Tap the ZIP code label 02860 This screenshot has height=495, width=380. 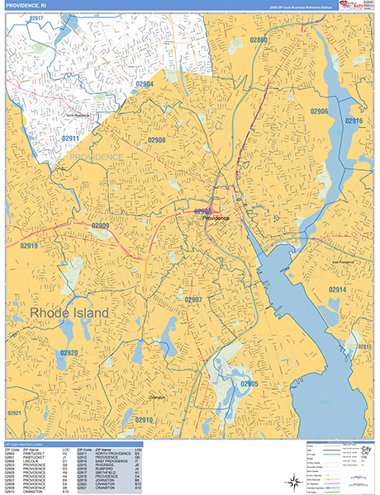pyautogui.click(x=259, y=40)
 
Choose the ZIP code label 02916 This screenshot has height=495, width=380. pyautogui.click(x=354, y=121)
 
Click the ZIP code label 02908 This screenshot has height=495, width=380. pyautogui.click(x=156, y=140)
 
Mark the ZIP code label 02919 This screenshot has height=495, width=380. pyautogui.click(x=30, y=246)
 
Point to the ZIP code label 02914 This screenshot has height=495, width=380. pyautogui.click(x=337, y=290)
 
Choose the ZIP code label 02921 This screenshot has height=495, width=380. pyautogui.click(x=14, y=412)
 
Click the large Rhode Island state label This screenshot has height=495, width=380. pyautogui.click(x=69, y=314)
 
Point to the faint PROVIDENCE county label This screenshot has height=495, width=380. pyautogui.click(x=96, y=157)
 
